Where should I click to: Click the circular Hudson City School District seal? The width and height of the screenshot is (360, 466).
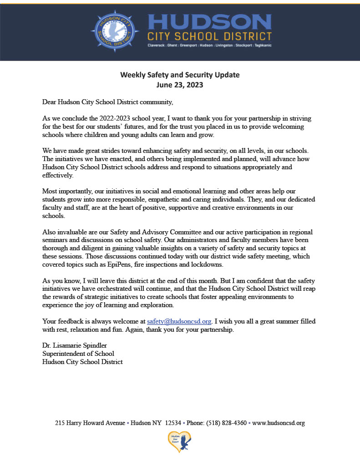[115, 31]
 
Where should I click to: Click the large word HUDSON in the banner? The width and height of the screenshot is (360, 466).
[209, 22]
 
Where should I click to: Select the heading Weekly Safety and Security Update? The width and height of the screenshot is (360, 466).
[180, 75]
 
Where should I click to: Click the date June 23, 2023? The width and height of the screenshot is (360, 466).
[180, 85]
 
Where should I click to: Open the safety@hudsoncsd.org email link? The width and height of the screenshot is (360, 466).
[179, 321]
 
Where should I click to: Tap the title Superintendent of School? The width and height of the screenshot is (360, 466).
[78, 354]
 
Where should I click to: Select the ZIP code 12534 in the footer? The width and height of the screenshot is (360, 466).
[173, 423]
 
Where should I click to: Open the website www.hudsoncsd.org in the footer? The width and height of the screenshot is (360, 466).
[278, 423]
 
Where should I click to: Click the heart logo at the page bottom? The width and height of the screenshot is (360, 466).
[180, 442]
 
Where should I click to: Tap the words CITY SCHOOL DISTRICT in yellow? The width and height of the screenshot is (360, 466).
[209, 36]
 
